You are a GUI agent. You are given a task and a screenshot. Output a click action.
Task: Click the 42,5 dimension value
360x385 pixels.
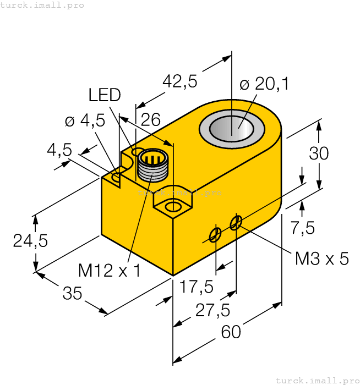click(179, 81)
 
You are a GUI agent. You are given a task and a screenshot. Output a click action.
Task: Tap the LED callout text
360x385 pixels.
click(105, 95)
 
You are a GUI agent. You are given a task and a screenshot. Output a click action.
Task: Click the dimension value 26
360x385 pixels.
click(150, 120)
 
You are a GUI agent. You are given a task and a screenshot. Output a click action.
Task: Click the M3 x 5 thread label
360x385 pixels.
click(322, 258)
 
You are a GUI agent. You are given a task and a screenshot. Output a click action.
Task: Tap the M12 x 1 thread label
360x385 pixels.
click(110, 270)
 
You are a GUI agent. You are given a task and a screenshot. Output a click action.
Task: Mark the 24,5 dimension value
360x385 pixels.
click(31, 241)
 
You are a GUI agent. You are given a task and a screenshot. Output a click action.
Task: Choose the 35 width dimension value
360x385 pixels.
click(72, 294)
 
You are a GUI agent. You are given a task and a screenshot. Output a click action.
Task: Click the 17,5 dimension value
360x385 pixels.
click(197, 287)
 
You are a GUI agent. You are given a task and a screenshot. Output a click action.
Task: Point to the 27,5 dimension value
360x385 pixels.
click(212, 310)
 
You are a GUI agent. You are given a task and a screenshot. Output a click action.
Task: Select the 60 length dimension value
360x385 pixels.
click(231, 332)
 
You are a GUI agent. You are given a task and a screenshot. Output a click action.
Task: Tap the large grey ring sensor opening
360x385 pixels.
click(232, 129)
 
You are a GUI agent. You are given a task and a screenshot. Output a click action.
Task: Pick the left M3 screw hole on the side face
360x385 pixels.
click(215, 235)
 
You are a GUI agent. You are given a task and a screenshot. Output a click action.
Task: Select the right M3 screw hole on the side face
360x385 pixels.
click(236, 223)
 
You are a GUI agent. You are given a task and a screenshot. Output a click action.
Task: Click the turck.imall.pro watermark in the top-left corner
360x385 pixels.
click(42, 5)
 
